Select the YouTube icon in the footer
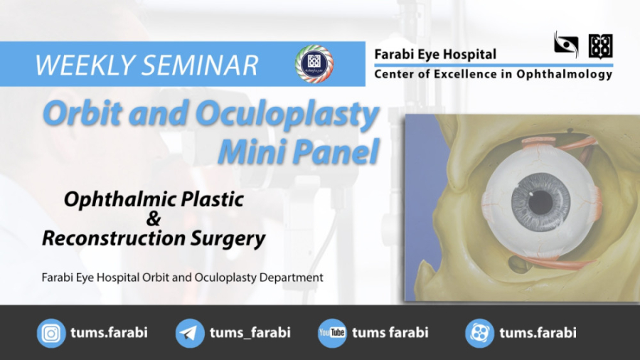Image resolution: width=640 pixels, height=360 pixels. click(x=331, y=333)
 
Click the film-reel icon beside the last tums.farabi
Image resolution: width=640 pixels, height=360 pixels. click(x=479, y=333)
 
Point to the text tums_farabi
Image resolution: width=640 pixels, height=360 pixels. click(x=250, y=333)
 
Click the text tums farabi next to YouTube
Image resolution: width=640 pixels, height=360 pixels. click(x=390, y=333)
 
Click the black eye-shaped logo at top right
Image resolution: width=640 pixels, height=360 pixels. click(x=566, y=45)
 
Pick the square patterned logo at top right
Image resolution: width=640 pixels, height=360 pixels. click(x=600, y=46)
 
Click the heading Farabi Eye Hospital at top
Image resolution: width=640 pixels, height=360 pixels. click(x=435, y=54)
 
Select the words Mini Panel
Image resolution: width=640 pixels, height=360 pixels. click(x=299, y=152)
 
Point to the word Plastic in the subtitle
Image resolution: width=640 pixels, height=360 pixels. click(x=210, y=200)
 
